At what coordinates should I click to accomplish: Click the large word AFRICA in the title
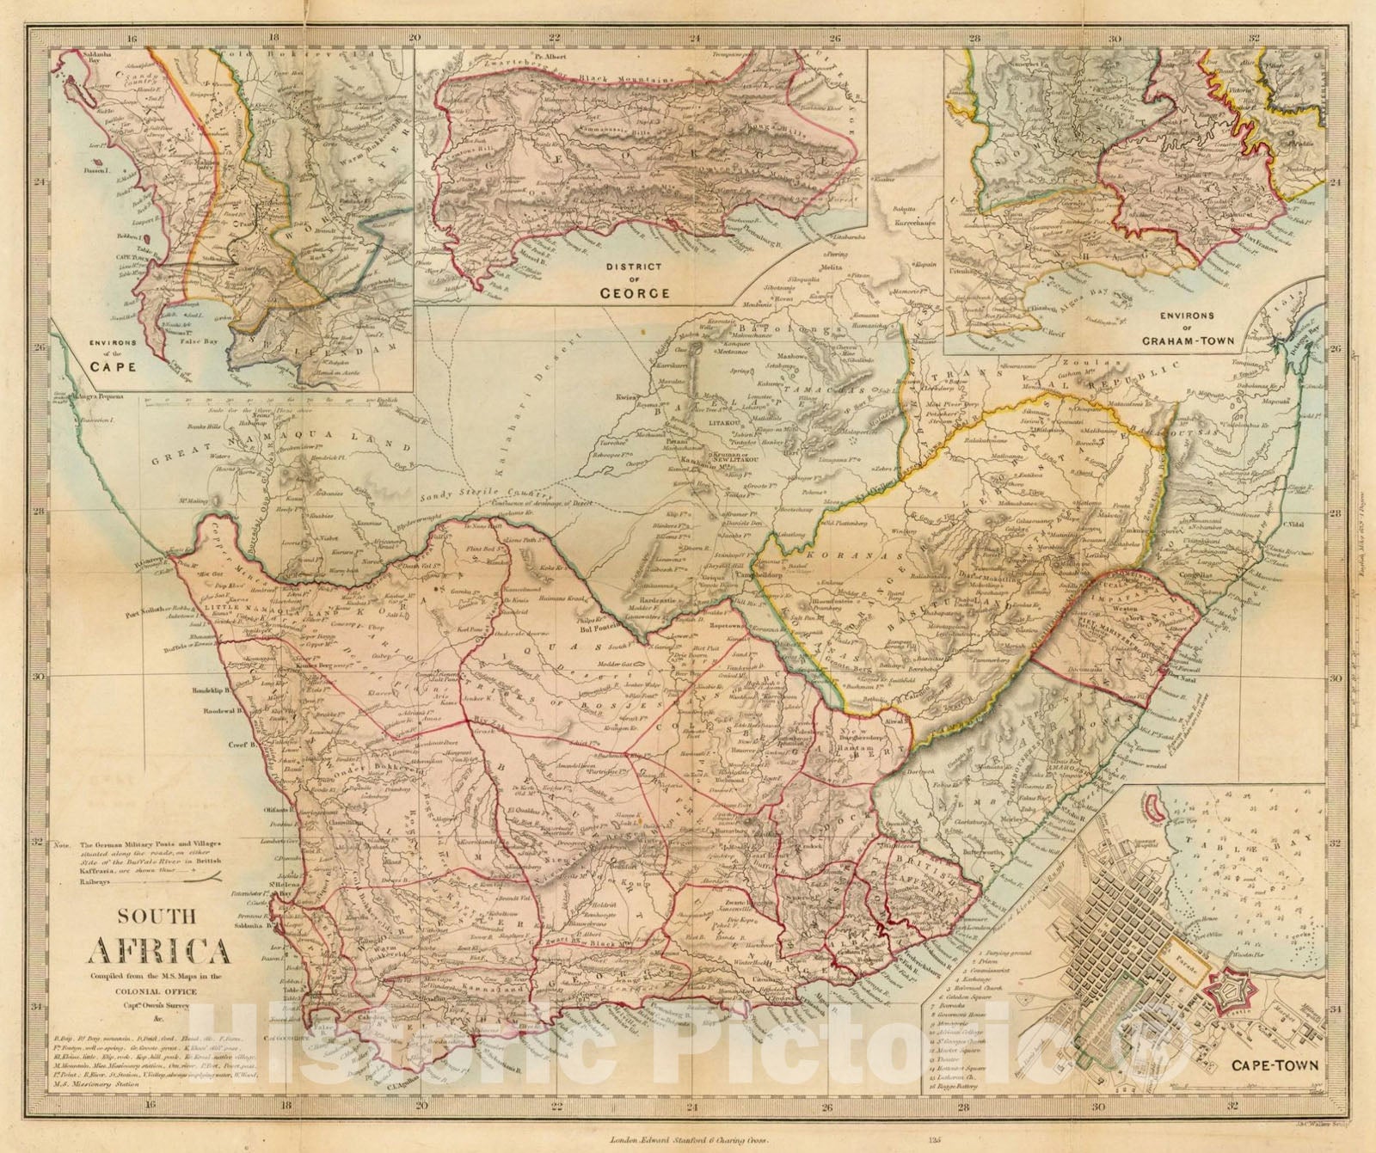click(x=159, y=953)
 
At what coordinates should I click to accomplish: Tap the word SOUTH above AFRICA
click(x=160, y=917)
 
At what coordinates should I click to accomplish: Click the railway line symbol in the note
click(x=206, y=879)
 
